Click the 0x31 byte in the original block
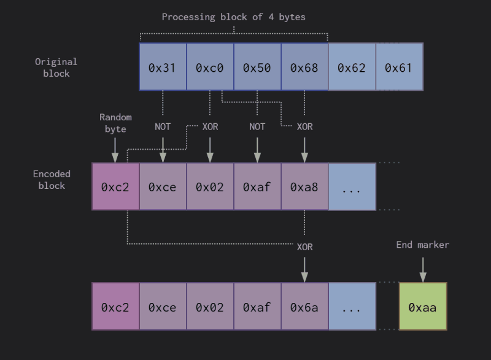pos(163,67)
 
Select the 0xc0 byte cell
pos(210,67)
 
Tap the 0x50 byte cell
pos(257,67)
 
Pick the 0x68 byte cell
pos(304,67)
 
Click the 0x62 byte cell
pos(352,67)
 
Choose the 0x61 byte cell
pos(399,67)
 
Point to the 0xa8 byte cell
pos(304,186)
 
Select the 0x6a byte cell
pos(304,307)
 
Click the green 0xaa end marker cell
pos(423,307)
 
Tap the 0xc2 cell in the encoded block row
pos(115,186)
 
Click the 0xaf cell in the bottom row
pos(257,307)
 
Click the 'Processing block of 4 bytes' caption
pos(233,17)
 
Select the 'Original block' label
pos(56,67)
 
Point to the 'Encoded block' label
pos(52,180)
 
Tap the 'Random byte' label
pos(115,123)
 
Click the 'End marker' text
pos(423,245)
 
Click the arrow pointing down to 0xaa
pos(423,269)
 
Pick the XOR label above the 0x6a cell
pos(304,247)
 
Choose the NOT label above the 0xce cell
pos(163,126)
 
